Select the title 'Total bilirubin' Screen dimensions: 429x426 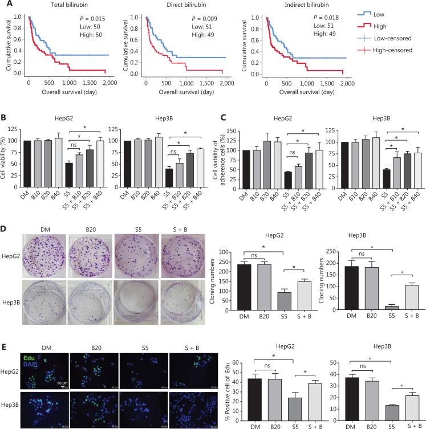click(x=60, y=6)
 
